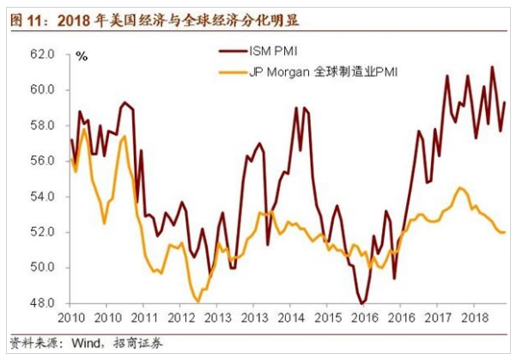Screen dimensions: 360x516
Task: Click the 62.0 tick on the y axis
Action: (x=43, y=54)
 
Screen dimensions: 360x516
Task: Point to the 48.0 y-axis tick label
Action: (x=43, y=303)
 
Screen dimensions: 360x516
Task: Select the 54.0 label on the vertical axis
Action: (x=43, y=197)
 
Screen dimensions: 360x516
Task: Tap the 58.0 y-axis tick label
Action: (x=43, y=125)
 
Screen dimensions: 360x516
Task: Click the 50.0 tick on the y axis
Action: (x=43, y=267)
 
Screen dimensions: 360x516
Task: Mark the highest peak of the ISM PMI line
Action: (x=492, y=67)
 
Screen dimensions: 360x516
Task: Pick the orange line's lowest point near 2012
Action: (x=198, y=302)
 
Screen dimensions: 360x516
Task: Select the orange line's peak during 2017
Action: (x=461, y=187)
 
